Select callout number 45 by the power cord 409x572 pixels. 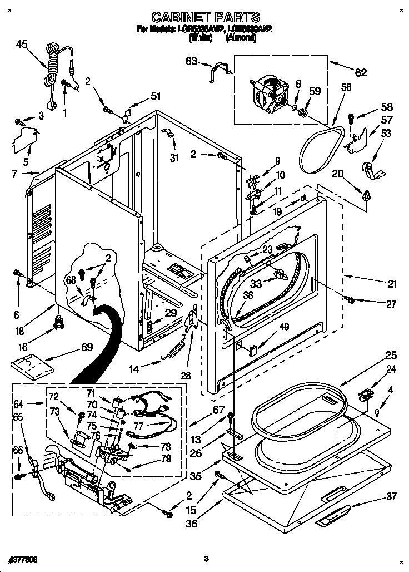[x=22, y=44]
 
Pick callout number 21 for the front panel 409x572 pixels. [x=392, y=284]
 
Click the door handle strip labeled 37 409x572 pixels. [x=333, y=515]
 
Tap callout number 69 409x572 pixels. [x=87, y=348]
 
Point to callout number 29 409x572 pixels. [x=171, y=314]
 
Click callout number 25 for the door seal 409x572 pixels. [x=391, y=355]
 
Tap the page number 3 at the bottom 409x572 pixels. [x=206, y=558]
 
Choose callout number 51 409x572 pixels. [x=156, y=96]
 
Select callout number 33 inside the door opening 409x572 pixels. [x=256, y=283]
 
